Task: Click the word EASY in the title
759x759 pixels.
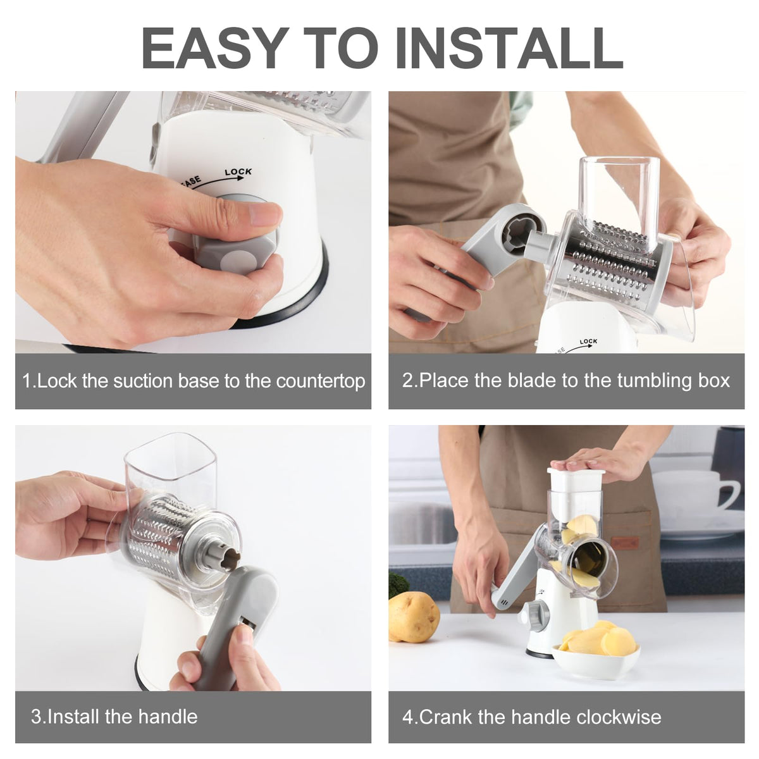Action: click(x=213, y=49)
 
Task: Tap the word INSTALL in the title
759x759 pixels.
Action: click(x=509, y=49)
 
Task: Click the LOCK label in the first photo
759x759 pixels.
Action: click(x=238, y=172)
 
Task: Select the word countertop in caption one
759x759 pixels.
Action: click(x=321, y=381)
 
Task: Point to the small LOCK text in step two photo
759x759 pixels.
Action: click(x=588, y=342)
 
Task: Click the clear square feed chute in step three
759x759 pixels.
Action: click(x=171, y=467)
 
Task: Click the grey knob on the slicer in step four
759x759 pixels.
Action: click(x=534, y=614)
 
